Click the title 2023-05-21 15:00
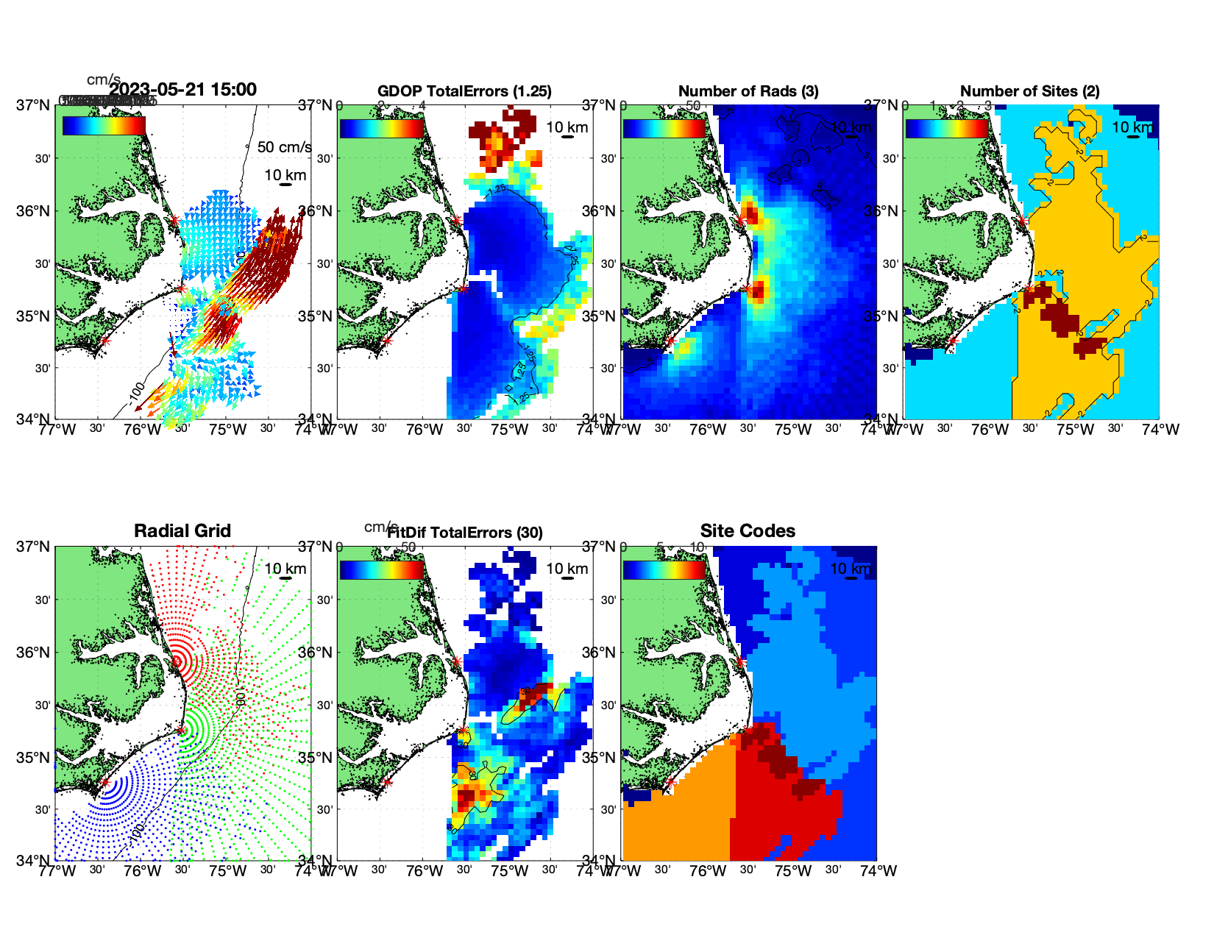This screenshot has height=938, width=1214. click(182, 90)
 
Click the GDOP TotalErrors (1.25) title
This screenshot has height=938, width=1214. click(464, 91)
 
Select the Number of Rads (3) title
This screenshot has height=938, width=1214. click(748, 91)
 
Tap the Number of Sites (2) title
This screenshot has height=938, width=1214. click(1029, 91)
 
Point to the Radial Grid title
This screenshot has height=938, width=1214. click(182, 531)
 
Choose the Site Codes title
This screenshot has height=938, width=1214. click(748, 531)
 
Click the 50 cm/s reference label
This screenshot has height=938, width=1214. click(284, 147)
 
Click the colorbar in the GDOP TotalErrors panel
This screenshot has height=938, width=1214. click(382, 127)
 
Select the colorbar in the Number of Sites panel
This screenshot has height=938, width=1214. click(947, 127)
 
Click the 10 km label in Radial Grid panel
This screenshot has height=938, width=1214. click(285, 569)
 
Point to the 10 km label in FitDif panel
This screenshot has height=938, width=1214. click(567, 569)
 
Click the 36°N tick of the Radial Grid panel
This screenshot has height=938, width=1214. click(35, 653)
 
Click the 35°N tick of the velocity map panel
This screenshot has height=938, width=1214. click(35, 316)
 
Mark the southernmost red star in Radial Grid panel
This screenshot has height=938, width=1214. click(104, 783)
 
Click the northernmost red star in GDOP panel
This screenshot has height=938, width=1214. click(456, 220)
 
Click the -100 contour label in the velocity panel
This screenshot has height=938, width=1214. click(135, 394)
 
